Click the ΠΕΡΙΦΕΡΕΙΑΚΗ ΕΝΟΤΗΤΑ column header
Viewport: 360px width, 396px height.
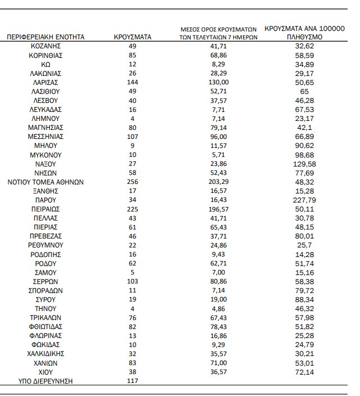46,37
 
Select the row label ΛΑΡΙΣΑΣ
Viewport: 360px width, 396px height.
46,82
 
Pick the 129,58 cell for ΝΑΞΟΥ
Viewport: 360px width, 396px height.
304,164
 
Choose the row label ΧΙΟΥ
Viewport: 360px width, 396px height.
46,372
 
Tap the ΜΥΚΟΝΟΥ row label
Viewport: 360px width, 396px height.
46,155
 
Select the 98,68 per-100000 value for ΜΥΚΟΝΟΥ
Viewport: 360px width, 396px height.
304,155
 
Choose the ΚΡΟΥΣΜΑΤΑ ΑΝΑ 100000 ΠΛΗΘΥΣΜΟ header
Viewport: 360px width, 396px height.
304,32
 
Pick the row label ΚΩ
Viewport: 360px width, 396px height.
46,64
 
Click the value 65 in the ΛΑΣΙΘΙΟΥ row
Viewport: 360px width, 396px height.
304,91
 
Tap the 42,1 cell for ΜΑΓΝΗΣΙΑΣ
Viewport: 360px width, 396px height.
304,127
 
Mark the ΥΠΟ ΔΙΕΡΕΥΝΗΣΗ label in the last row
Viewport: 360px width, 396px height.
46,381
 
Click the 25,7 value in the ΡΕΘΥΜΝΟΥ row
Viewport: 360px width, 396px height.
304,245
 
